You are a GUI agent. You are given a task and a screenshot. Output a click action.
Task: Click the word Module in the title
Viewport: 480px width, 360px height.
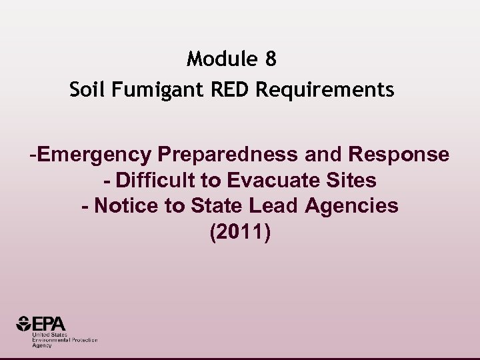tap(221, 59)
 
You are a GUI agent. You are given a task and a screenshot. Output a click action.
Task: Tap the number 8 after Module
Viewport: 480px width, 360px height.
tap(270, 59)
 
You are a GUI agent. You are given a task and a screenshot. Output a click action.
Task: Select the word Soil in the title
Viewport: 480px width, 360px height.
tap(87, 89)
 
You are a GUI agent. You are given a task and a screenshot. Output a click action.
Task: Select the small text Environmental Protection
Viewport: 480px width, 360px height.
tap(65, 340)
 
